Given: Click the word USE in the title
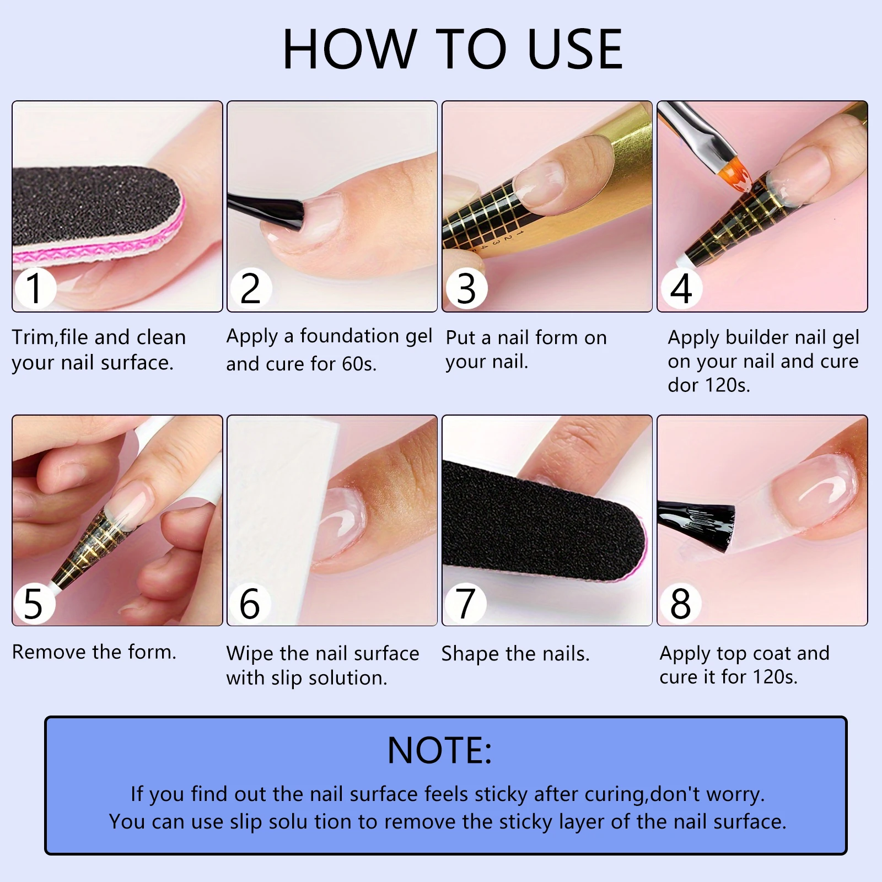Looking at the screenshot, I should (x=574, y=50).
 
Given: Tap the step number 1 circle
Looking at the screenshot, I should (x=35, y=288).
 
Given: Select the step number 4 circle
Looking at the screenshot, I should (x=681, y=288).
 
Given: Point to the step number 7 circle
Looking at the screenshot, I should (x=466, y=603).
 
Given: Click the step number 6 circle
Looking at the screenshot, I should (x=250, y=603).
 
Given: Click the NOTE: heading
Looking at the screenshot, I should (x=439, y=751).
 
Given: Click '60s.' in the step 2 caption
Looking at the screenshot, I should (x=359, y=364).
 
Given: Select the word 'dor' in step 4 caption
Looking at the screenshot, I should (x=684, y=385).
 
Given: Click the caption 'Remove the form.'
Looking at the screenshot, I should (x=94, y=652).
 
